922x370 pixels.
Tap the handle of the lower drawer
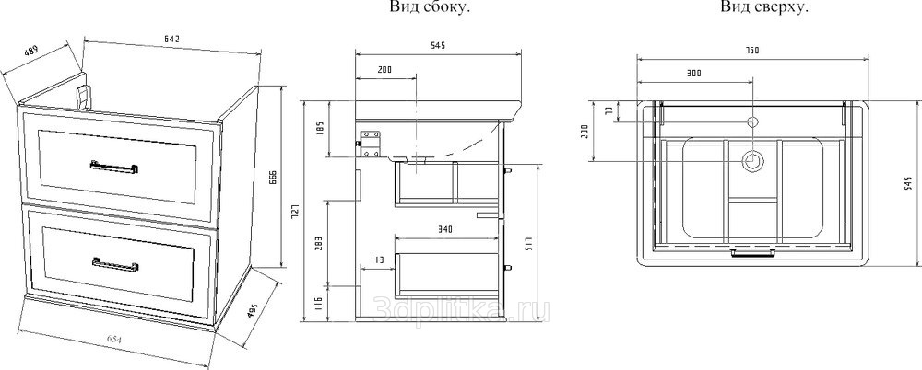(114, 265)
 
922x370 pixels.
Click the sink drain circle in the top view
(752, 161)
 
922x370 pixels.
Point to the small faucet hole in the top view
(751, 121)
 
